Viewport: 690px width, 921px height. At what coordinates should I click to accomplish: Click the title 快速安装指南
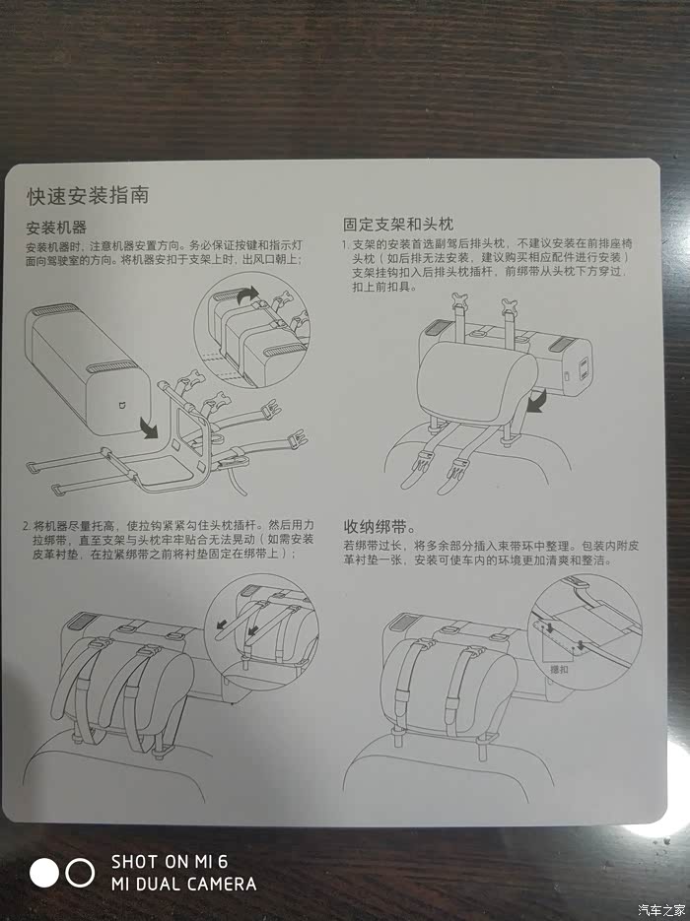coord(88,196)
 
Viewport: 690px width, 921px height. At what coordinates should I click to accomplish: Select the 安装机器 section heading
coord(56,228)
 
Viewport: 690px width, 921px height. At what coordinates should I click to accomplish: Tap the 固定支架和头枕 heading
coord(398,224)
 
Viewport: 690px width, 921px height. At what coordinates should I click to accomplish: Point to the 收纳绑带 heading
coord(376,526)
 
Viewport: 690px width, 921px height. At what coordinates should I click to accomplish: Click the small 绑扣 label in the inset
coord(558,669)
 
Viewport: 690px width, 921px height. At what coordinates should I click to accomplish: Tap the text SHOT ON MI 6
coord(170,862)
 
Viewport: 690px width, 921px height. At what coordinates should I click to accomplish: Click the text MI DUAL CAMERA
coord(184,884)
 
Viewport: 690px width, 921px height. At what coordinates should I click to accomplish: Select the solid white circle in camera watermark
coord(44,873)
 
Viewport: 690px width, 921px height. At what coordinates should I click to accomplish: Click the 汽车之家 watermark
coord(661,910)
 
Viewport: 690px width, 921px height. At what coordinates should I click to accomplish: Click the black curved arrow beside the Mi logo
coord(148,428)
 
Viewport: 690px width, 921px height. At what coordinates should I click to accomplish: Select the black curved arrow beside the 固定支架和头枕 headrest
coord(535,402)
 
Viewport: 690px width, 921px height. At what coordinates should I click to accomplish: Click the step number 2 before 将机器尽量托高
coord(26,525)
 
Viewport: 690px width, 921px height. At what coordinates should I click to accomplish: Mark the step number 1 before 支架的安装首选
coord(346,243)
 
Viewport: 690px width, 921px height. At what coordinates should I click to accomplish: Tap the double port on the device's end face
coord(584,368)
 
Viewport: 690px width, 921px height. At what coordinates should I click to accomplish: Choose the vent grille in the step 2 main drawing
coord(82,622)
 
